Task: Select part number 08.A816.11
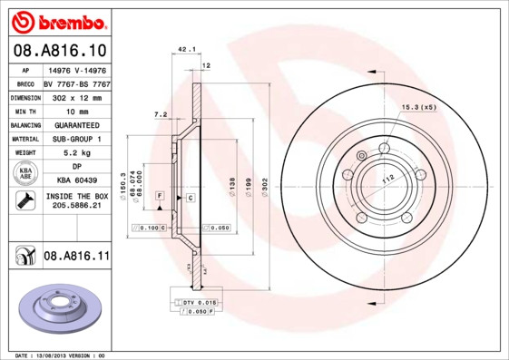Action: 76,257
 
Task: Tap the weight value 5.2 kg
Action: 76,154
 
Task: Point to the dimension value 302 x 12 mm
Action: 76,96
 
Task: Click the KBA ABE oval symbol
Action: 25,173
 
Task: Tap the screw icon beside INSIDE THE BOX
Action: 24,201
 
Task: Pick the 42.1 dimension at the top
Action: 187,48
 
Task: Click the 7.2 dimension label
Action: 161,114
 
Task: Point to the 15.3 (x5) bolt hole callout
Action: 419,107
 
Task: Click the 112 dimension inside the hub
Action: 388,178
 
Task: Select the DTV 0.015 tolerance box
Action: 192,301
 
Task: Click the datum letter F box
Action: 160,196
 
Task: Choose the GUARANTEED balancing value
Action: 76,125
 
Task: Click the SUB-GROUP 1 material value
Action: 76,140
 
